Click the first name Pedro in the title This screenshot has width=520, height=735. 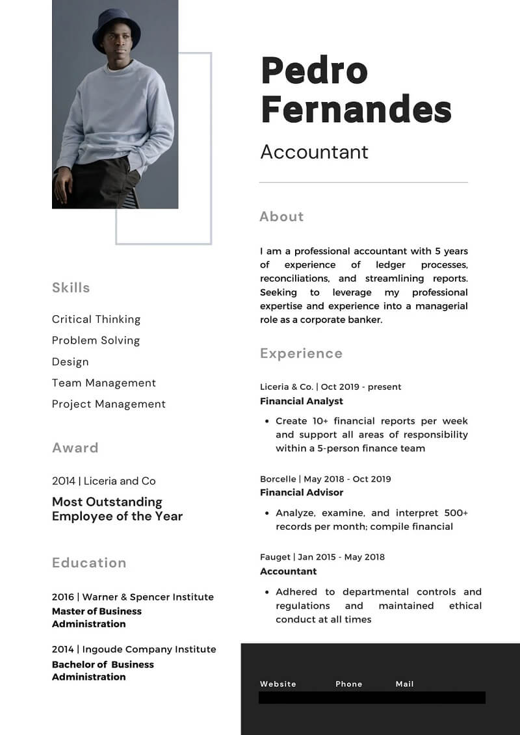[314, 71]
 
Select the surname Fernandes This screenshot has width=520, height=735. [356, 109]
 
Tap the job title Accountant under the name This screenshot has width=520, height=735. [314, 151]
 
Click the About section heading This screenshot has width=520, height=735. [281, 216]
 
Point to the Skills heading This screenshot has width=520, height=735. [71, 287]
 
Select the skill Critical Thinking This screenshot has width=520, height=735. [96, 319]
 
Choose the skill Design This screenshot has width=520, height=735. [70, 362]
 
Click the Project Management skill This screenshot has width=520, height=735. [109, 404]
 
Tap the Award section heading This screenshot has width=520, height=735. [75, 448]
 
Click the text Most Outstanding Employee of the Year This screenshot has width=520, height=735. [117, 509]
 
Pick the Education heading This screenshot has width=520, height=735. [89, 563]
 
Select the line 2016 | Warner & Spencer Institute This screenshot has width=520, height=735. [133, 597]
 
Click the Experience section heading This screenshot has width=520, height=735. [301, 354]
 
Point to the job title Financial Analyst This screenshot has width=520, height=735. [302, 401]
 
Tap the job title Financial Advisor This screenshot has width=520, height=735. [302, 493]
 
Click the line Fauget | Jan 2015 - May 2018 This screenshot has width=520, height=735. [322, 557]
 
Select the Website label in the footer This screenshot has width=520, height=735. [278, 684]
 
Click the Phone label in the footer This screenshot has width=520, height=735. [349, 684]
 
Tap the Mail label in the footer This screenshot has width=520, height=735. [404, 684]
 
